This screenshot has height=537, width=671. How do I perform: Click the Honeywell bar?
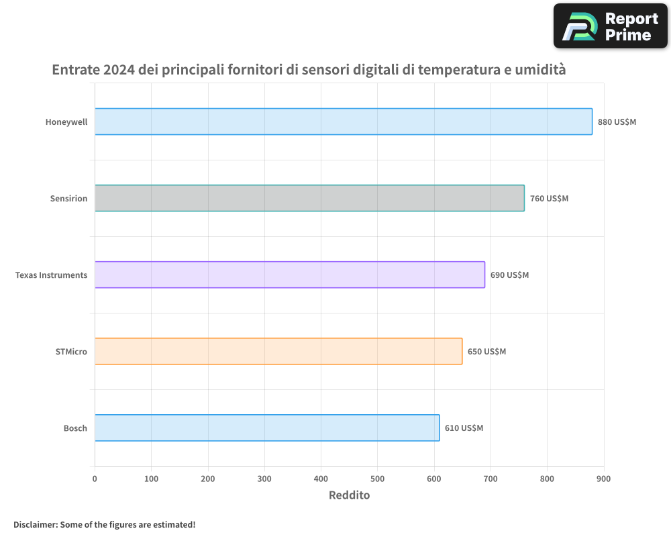click(343, 121)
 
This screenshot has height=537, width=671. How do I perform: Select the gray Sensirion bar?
click(309, 198)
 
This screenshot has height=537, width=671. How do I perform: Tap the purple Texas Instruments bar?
click(289, 275)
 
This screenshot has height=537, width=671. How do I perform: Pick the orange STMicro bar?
click(278, 351)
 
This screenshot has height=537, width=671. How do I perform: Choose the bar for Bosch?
click(267, 428)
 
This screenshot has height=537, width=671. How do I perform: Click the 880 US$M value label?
click(617, 122)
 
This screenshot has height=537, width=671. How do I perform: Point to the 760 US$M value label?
click(549, 199)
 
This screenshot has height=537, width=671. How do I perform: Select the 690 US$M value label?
click(509, 275)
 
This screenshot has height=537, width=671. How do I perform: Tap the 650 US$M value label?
click(486, 352)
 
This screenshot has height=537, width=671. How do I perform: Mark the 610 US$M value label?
click(464, 428)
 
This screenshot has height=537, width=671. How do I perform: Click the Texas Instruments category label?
click(51, 275)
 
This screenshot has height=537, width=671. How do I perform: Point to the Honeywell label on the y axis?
click(66, 122)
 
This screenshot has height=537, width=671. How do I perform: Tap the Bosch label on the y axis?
click(75, 428)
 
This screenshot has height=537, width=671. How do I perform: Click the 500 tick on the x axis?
click(377, 479)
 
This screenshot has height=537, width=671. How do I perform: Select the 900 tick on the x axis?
click(603, 479)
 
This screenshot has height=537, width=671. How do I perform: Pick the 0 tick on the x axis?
click(95, 479)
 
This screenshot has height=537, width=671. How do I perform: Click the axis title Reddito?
click(349, 495)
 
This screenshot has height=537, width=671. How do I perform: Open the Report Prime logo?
click(610, 26)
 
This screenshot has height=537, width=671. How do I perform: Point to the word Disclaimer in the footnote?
click(34, 524)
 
